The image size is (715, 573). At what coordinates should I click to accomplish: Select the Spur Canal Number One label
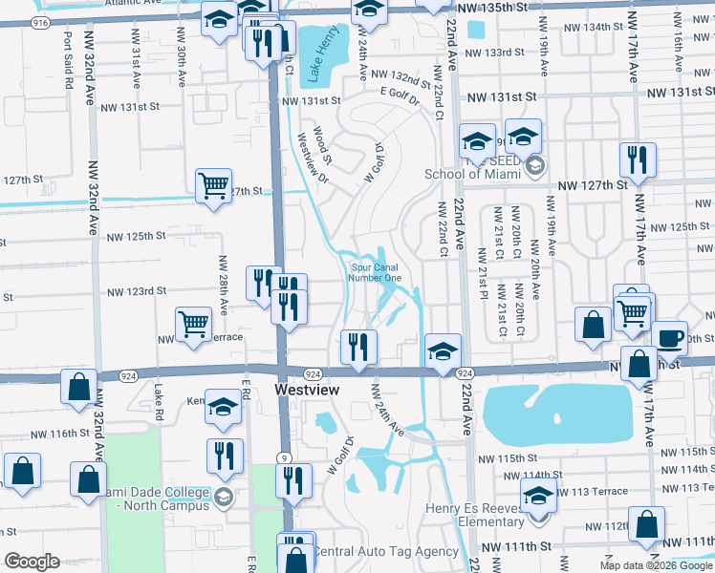[377, 273]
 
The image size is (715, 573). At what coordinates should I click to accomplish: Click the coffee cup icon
[669, 338]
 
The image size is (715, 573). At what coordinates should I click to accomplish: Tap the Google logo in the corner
[32, 562]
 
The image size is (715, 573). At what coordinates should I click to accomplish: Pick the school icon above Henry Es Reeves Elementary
[539, 496]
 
